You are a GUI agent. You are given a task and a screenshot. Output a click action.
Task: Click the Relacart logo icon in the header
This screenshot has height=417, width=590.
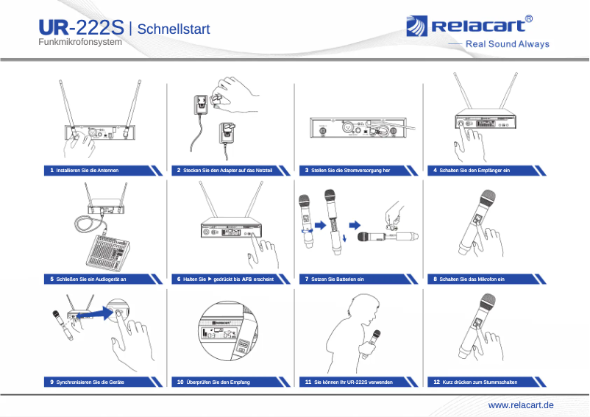(x=416, y=26)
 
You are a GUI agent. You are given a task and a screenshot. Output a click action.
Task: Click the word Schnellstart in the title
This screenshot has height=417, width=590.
(x=174, y=29)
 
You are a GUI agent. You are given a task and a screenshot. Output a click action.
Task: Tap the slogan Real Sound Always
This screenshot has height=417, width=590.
(x=508, y=44)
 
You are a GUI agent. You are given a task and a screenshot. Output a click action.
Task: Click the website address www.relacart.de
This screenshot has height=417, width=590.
(x=521, y=405)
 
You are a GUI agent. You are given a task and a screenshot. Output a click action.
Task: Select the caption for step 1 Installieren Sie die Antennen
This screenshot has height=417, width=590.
(x=88, y=170)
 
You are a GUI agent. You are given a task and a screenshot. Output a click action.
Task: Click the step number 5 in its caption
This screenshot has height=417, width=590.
(x=51, y=279)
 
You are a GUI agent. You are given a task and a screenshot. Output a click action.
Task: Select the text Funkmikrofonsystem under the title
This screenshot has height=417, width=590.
(x=79, y=43)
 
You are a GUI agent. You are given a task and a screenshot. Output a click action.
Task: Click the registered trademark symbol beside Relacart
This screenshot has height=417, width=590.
(x=529, y=18)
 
